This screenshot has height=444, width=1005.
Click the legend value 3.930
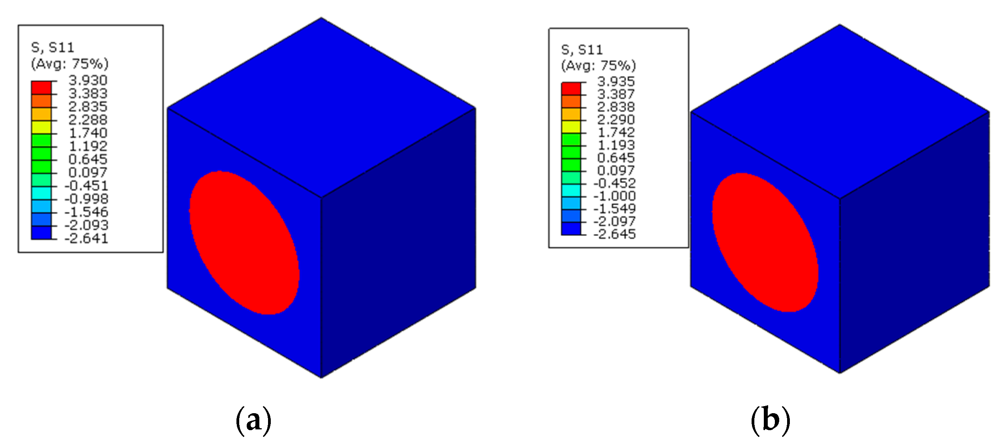click(x=88, y=81)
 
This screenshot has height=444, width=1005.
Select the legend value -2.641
click(x=86, y=239)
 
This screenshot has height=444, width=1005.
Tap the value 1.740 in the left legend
click(x=88, y=133)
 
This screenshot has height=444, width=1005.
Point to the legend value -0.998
click(x=86, y=199)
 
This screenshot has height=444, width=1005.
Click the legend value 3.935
click(x=616, y=82)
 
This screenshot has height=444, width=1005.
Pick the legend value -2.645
click(x=614, y=234)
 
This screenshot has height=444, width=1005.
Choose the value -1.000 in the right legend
click(x=614, y=196)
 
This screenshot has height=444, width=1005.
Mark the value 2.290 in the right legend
click(x=616, y=120)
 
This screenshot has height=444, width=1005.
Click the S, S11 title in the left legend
click(x=52, y=48)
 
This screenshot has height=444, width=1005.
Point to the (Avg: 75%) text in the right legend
click(x=598, y=66)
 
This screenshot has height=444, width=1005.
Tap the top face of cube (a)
click(x=321, y=107)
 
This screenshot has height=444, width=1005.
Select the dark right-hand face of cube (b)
click(x=914, y=241)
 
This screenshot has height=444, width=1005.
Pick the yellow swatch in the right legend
click(x=571, y=127)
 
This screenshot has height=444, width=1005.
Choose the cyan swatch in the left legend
click(x=41, y=193)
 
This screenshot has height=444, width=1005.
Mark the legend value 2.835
click(x=88, y=107)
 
